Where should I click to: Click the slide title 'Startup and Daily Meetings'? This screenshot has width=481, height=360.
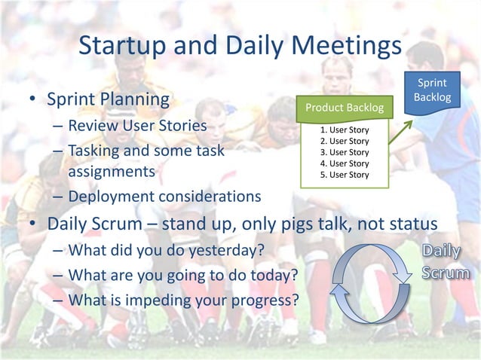click(x=240, y=47)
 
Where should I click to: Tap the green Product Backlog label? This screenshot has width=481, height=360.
click(x=344, y=108)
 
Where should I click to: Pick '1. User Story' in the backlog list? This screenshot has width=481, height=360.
click(x=345, y=130)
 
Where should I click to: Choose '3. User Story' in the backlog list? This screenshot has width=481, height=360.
click(x=345, y=152)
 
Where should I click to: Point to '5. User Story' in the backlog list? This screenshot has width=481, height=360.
click(x=345, y=175)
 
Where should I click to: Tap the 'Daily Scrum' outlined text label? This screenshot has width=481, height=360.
click(x=444, y=261)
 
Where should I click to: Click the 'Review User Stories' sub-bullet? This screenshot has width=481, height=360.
click(x=137, y=125)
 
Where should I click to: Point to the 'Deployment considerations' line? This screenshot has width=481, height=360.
click(x=164, y=197)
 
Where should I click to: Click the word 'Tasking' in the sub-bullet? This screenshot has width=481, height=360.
click(x=96, y=151)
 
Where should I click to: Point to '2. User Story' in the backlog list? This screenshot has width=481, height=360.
click(x=345, y=141)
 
